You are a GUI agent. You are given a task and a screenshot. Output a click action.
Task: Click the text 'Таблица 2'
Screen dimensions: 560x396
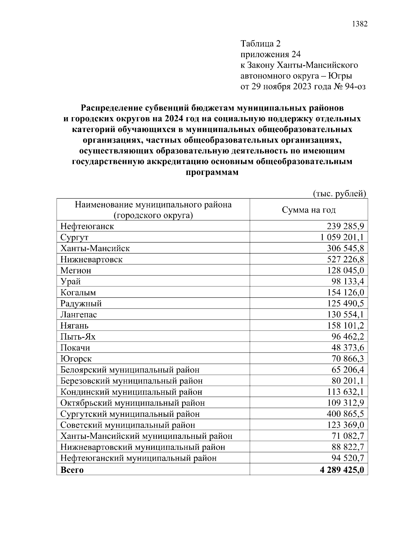tap(260, 44)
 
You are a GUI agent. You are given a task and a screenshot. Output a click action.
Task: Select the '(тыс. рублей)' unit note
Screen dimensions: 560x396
tap(340, 194)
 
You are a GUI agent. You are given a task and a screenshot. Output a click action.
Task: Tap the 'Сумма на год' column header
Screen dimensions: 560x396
tap(309, 210)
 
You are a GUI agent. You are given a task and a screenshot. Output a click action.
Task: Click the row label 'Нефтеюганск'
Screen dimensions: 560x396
tap(87, 226)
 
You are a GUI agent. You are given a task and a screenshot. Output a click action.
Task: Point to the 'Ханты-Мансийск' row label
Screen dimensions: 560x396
tap(95, 248)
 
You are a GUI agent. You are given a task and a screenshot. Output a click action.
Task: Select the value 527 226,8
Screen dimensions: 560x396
tap(346, 259)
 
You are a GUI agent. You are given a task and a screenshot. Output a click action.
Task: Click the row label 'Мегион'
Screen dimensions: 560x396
tap(76, 271)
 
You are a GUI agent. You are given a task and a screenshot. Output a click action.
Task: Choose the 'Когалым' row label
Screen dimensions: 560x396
tap(78, 293)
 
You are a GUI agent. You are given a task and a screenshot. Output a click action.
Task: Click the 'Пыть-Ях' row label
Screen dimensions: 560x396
tap(78, 337)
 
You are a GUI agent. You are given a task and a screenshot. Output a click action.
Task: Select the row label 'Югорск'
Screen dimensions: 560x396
tap(76, 359)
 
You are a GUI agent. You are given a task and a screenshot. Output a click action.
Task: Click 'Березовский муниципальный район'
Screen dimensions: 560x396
tap(131, 381)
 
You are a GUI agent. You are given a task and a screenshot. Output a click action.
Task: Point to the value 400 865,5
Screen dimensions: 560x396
tap(346, 414)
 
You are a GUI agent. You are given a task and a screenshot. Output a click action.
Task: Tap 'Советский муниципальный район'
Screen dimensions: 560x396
tap(128, 425)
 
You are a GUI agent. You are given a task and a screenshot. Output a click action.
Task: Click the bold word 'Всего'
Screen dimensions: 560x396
tap(72, 470)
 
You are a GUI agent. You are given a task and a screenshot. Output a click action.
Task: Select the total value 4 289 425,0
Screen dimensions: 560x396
tap(342, 470)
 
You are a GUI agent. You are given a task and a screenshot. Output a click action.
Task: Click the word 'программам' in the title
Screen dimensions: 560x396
tap(212, 173)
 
